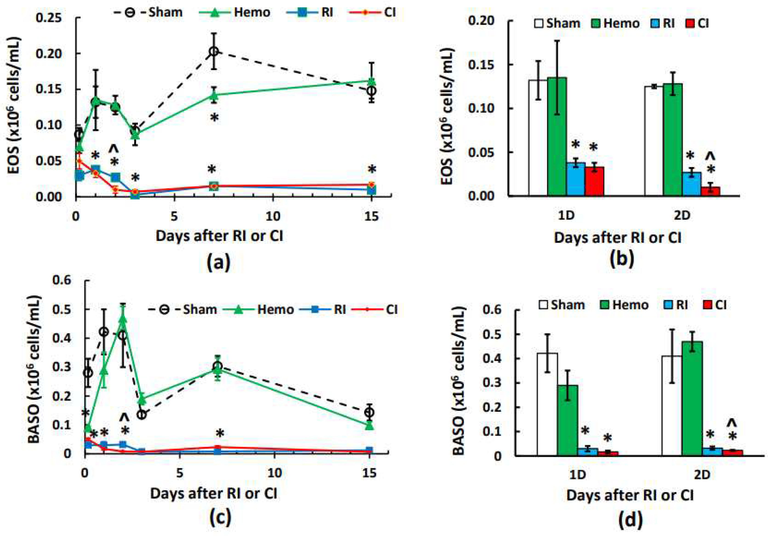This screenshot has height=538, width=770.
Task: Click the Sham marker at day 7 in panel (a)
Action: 214,51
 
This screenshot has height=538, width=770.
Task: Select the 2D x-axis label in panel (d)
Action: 702,475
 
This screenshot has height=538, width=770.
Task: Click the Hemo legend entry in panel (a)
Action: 252,12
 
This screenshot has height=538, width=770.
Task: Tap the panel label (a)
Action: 219,262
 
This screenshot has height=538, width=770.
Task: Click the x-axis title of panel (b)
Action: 617,238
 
